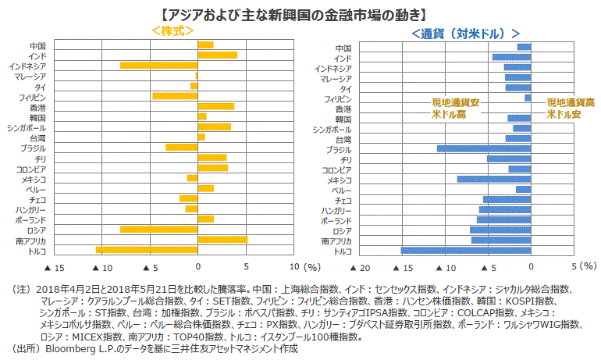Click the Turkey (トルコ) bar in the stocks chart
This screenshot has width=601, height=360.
point(146,250)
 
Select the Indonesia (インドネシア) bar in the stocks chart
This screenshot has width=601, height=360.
point(158,66)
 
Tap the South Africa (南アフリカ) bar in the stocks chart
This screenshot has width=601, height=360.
point(222,240)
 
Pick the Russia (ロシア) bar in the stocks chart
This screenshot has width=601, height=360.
point(158,230)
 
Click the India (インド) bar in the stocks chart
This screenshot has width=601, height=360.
point(217,55)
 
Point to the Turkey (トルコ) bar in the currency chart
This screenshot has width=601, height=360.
point(466,251)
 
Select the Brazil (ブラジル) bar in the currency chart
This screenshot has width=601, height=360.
point(484,148)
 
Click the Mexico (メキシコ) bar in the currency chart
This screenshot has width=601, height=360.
point(494,180)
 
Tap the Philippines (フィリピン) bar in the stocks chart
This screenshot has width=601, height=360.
point(175,96)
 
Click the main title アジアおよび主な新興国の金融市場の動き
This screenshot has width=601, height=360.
point(300,13)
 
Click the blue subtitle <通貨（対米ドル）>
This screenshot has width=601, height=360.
point(465,34)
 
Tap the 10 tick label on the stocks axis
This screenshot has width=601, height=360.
point(293,268)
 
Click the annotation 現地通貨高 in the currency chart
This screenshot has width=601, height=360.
point(571,103)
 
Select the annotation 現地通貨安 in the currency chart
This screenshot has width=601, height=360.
point(456,103)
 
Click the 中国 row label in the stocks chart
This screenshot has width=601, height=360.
point(37,45)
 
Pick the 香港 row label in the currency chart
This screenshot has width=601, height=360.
point(343,109)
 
